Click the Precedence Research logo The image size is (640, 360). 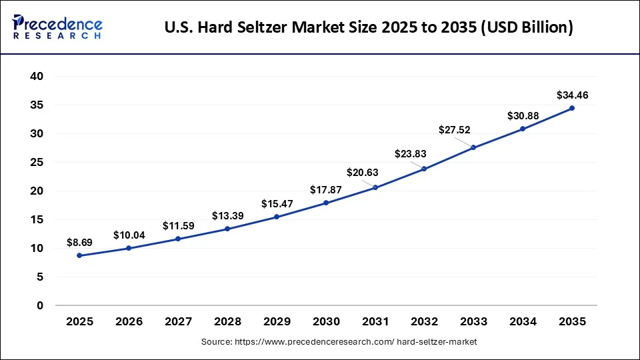coord(57,27)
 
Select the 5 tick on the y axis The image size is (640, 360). coord(40,277)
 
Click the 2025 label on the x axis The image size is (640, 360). coord(80,321)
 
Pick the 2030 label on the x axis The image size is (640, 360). coord(326,321)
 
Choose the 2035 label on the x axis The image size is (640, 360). coord(572,321)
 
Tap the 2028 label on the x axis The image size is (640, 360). coord(227,321)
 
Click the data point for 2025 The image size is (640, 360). coord(80,255)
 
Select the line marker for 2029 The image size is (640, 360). coord(277,217)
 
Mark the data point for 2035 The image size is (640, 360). coord(572,108)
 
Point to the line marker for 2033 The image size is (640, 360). coord(473,147)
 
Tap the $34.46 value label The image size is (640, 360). coord(572,96)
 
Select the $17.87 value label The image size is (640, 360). coord(326,190)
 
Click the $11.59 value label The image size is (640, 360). coord(178,226)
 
